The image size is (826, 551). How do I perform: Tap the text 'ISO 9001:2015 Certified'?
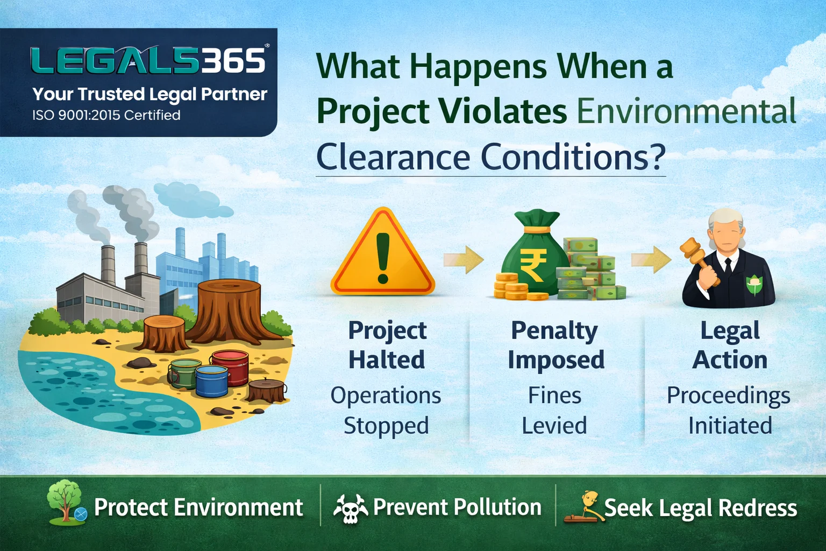point(106,115)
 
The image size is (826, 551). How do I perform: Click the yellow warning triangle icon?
point(383,253)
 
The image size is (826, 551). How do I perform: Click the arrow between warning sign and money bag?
point(464,259)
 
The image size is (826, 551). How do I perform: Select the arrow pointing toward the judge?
point(651,259)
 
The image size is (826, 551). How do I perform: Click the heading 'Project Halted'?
point(387,345)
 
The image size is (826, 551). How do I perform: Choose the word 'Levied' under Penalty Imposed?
point(554,425)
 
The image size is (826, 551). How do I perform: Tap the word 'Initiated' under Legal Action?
point(730,425)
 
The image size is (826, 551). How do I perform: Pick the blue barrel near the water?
point(212,381)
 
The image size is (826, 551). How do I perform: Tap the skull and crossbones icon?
point(350,508)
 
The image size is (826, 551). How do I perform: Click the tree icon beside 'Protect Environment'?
point(66,502)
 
